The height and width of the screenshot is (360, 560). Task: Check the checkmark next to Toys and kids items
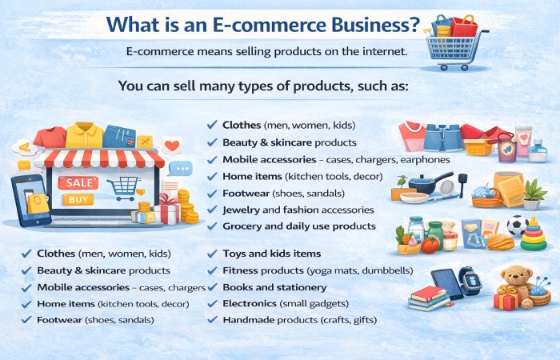(x=212, y=253)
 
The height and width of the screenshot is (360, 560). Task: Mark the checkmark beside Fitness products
(x=212, y=270)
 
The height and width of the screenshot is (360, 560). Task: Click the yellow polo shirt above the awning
(x=83, y=134)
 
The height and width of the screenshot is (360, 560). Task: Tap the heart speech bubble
(x=171, y=146)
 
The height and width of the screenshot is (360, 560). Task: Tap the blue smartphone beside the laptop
(x=30, y=201)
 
